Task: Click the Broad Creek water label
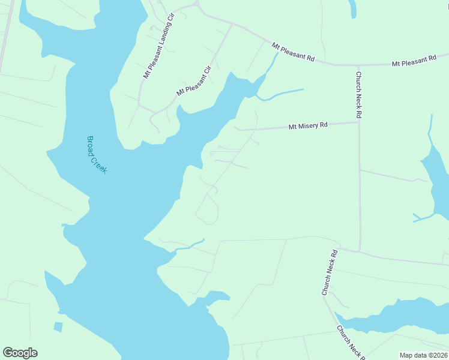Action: (x=96, y=154)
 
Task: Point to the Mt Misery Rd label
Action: (x=308, y=126)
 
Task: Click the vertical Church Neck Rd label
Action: (x=358, y=95)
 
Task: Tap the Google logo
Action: (x=20, y=353)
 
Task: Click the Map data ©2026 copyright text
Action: (x=423, y=355)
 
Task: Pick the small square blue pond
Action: (x=58, y=327)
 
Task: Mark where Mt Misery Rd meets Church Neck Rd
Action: (x=359, y=122)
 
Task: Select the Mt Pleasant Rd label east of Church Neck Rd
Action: (x=414, y=61)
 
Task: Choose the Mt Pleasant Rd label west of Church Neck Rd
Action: (x=293, y=52)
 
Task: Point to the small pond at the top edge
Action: (x=352, y=8)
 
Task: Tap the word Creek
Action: (x=99, y=163)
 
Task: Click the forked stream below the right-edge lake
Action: (x=424, y=217)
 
